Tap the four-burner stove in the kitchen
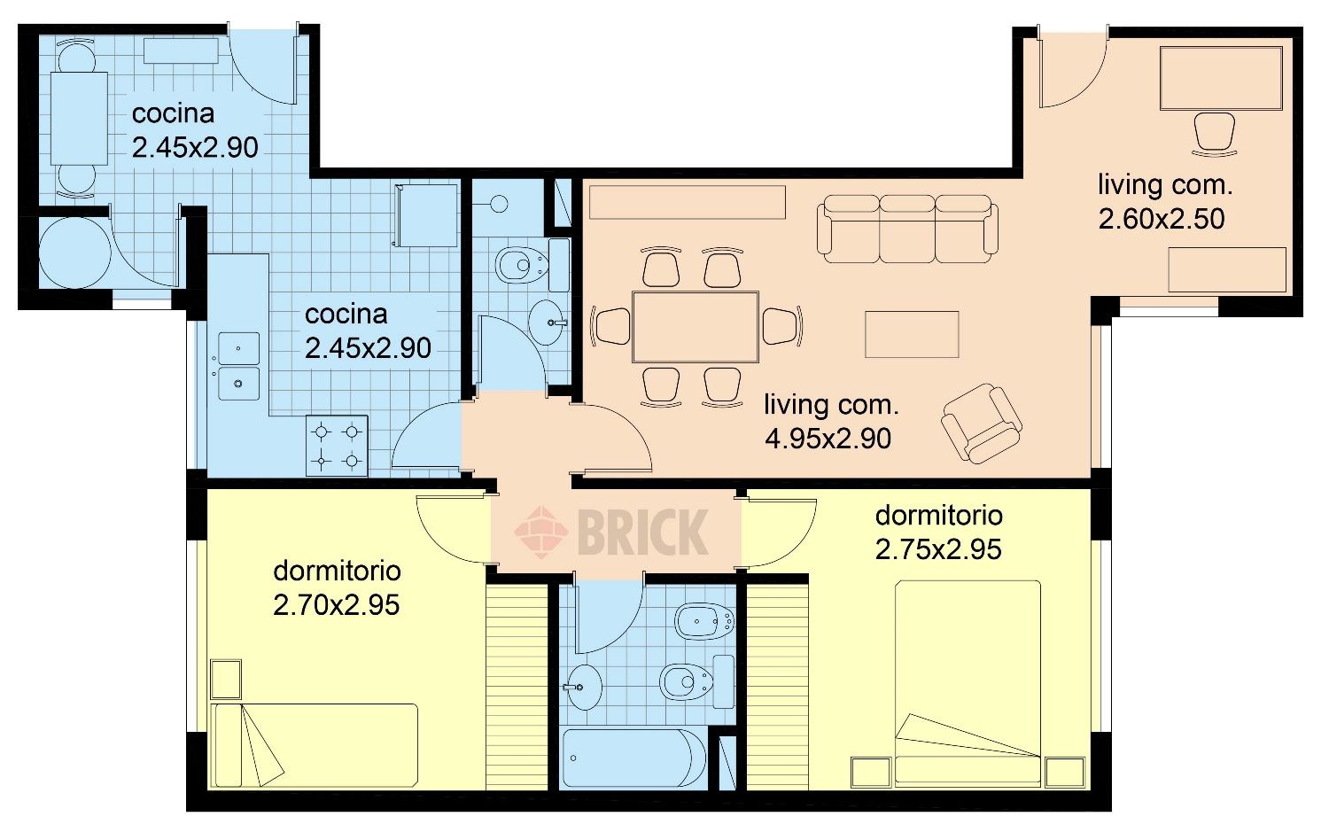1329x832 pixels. (337, 446)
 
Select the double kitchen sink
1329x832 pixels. (238, 366)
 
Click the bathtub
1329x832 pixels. (634, 758)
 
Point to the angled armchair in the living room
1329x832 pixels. (982, 423)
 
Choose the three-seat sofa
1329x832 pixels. (907, 229)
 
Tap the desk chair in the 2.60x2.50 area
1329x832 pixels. (1214, 134)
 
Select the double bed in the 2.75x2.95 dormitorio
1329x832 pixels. (968, 683)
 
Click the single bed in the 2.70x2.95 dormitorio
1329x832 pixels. (315, 745)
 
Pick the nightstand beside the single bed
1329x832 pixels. (226, 679)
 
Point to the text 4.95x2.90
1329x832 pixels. (828, 439)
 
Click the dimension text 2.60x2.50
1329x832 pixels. (1162, 219)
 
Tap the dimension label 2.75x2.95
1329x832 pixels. (938, 549)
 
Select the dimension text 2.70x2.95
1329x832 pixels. (337, 605)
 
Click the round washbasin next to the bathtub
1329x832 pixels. (584, 688)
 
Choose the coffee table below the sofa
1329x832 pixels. (912, 334)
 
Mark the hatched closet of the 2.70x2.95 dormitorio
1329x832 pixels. (517, 688)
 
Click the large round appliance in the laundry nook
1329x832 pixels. (74, 253)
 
